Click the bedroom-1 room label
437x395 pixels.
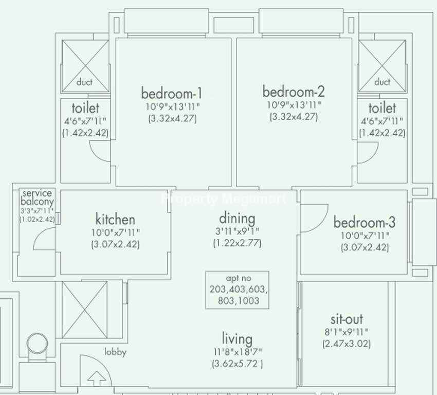click(x=172, y=93)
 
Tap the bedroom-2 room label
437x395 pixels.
click(x=294, y=92)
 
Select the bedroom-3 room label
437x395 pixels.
click(x=365, y=222)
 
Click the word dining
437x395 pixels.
click(x=237, y=218)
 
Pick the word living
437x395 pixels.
click(x=237, y=339)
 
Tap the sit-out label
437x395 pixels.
click(x=347, y=319)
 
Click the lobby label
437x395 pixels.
click(x=115, y=352)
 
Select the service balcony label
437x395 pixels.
click(x=37, y=197)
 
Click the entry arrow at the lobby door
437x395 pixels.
click(x=97, y=378)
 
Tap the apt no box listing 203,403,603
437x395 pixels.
click(x=237, y=290)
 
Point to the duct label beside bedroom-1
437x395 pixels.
click(x=84, y=82)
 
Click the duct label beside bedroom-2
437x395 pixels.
click(x=382, y=82)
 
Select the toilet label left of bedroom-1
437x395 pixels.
click(x=85, y=108)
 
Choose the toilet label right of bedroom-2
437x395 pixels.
click(x=382, y=108)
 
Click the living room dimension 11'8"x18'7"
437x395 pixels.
click(x=238, y=352)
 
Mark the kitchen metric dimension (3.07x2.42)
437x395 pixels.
click(x=115, y=244)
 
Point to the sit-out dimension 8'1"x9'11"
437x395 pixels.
click(x=347, y=332)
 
